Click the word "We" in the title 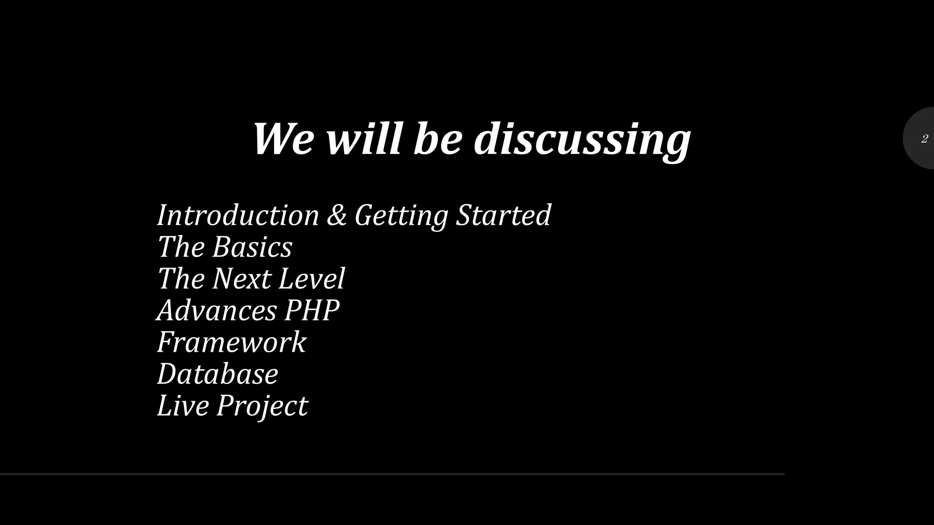pos(283,139)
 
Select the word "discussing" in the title pos(582,139)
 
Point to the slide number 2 pos(924,139)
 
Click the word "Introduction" pos(238,215)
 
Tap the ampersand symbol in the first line pos(337,215)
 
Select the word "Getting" pos(401,215)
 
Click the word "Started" pos(503,215)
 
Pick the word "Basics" pos(252,247)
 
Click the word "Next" pos(242,278)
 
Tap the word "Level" pos(311,278)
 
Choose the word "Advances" pos(217,310)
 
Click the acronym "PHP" pos(312,310)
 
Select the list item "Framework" pos(232,342)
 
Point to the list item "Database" pos(218,374)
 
